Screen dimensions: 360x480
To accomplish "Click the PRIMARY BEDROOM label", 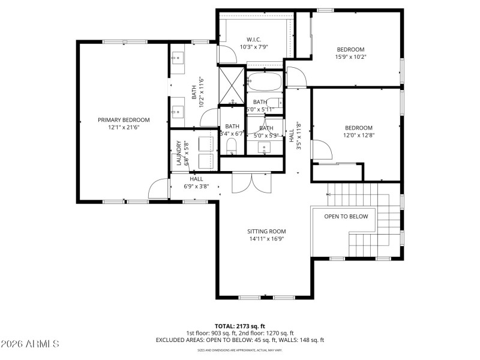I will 124,120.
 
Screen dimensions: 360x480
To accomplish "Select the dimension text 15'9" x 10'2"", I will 350,57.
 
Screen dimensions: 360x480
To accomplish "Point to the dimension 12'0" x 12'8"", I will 358,136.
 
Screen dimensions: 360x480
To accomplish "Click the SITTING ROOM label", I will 266,231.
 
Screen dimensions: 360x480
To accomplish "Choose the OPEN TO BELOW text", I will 346,217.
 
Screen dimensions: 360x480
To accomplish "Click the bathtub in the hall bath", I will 263,81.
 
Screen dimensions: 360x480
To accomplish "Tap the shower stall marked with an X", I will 230,86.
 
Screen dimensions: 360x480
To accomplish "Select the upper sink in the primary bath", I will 178,59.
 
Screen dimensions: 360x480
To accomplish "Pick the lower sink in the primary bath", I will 178,111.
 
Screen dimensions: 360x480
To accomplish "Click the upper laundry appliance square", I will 206,143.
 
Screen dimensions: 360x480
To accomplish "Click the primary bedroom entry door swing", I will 158,189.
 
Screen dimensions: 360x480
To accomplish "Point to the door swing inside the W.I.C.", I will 227,55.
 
